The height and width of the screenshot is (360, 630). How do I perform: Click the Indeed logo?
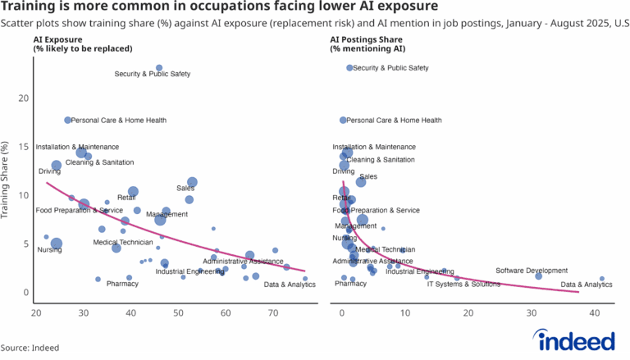(x=574, y=339)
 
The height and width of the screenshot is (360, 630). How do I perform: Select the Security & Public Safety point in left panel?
(x=159, y=68)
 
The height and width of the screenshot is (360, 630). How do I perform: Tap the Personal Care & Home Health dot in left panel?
(x=67, y=121)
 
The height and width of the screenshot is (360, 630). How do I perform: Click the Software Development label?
(x=532, y=271)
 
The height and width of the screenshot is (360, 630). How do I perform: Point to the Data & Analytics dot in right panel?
(x=602, y=279)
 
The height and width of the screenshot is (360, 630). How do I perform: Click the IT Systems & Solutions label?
(x=463, y=285)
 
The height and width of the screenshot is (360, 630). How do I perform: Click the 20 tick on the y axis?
(x=24, y=98)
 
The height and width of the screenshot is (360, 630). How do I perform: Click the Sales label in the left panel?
(x=185, y=189)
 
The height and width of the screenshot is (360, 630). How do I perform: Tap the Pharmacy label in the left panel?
(x=122, y=285)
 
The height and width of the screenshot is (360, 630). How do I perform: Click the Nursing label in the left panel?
(x=49, y=250)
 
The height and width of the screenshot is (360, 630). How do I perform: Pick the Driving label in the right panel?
(x=343, y=171)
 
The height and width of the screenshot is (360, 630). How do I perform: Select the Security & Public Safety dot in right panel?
(x=349, y=68)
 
